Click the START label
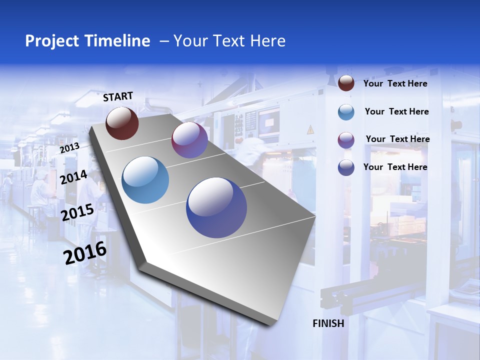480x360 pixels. click(118, 96)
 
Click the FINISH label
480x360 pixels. click(328, 323)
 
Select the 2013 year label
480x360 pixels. click(69, 148)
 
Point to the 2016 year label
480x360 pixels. click(85, 253)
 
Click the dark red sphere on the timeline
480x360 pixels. click(122, 123)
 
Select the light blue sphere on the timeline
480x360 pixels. click(145, 180)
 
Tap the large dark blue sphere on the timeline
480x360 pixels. click(216, 207)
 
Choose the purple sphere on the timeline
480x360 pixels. click(189, 140)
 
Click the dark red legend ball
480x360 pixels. click(346, 83)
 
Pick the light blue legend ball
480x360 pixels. click(346, 112)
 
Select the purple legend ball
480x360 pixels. click(346, 140)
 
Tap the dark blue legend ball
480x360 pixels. click(346, 167)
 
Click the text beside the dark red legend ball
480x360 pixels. click(395, 83)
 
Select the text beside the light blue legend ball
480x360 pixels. click(396, 111)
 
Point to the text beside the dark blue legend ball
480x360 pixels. click(395, 167)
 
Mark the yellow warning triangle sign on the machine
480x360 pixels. click(310, 129)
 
